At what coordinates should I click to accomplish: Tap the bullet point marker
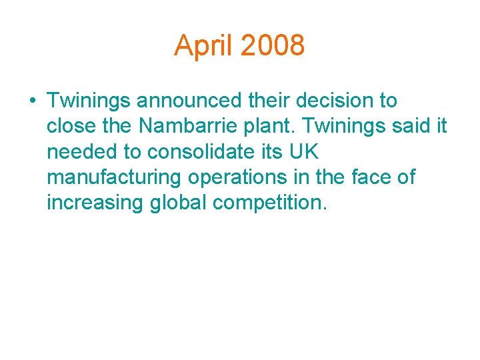[32, 101]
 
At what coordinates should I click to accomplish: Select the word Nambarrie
[180, 127]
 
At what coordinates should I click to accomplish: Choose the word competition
[270, 203]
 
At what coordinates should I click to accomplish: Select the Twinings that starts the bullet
[89, 101]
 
